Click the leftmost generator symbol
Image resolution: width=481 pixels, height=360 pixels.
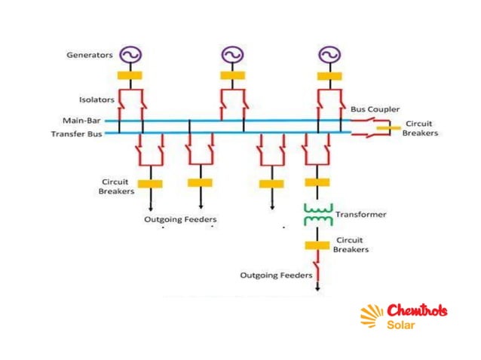point(130,54)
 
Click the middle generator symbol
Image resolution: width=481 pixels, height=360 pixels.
point(231,54)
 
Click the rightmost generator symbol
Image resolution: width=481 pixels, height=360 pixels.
point(328,54)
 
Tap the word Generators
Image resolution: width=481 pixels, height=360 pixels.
point(90,55)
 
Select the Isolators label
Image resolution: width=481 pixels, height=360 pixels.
point(96,99)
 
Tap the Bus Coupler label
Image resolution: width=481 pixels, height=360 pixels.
point(375,109)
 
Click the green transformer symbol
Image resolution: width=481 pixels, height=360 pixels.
point(317,215)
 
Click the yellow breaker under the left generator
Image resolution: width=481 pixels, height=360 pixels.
point(130,75)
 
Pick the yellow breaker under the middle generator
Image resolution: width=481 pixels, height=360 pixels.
point(231,75)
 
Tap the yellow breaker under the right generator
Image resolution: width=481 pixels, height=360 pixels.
point(328,75)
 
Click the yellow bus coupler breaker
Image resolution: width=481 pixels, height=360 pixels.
point(389,128)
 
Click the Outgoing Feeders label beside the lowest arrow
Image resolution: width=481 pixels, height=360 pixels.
point(276,276)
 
